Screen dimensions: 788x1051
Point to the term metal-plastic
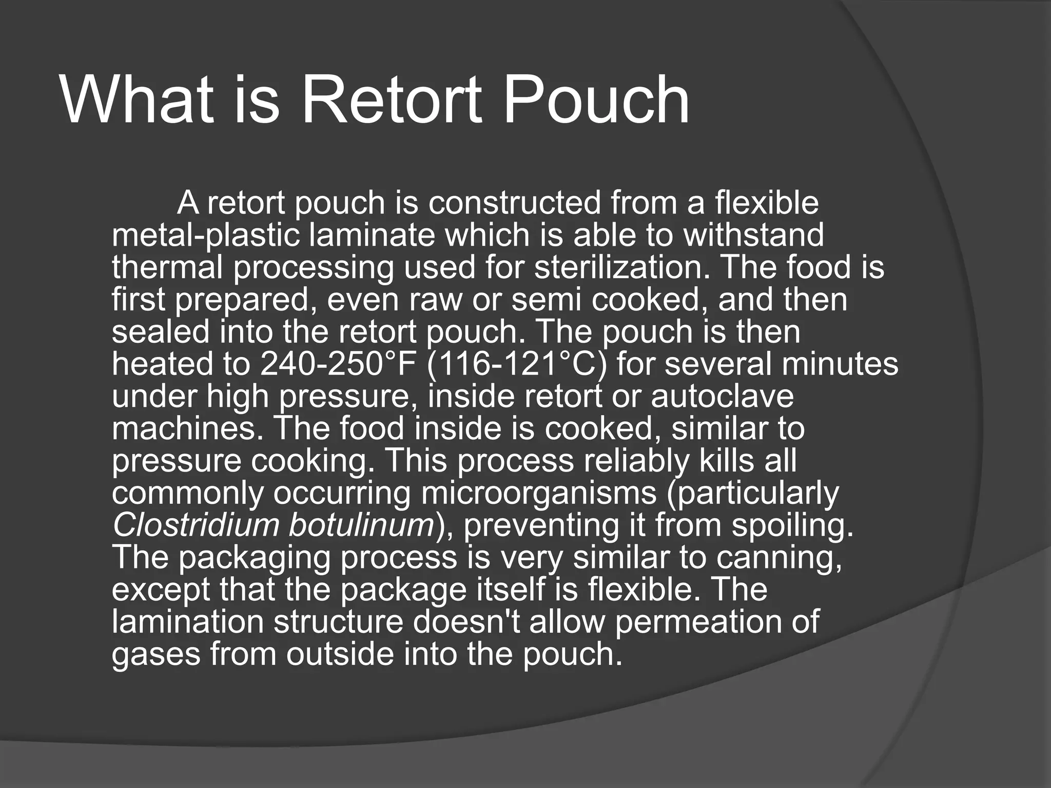point(207,235)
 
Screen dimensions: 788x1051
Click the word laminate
point(373,235)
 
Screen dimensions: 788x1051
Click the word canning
point(780,558)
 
